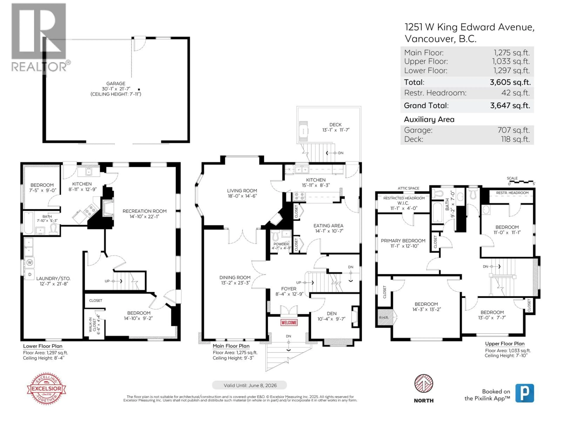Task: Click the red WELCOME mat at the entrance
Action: point(289,322)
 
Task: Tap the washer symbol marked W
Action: point(30,262)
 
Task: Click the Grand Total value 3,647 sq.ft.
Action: point(510,106)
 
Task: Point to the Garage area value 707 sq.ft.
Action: point(514,130)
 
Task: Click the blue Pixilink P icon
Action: point(524,393)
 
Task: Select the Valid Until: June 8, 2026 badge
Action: point(250,385)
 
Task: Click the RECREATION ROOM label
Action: point(145,211)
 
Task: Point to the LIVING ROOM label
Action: point(242,191)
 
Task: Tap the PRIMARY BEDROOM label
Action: point(403,241)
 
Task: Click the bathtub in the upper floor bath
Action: point(437,212)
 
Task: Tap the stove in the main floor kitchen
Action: point(299,197)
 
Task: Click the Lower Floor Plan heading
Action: point(43,346)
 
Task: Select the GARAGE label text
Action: point(116,83)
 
